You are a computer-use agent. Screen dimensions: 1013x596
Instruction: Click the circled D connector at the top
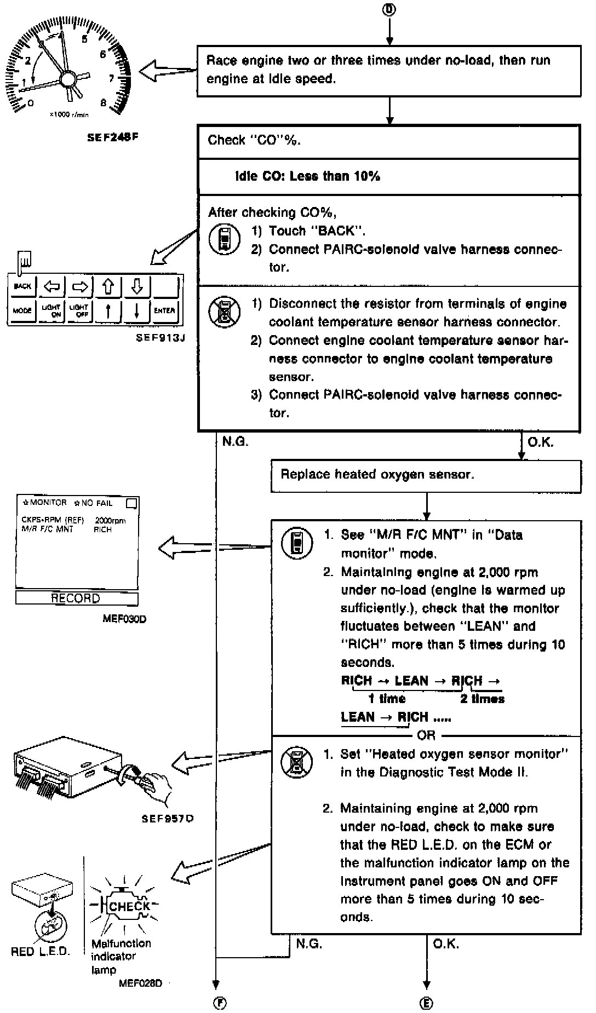(389, 9)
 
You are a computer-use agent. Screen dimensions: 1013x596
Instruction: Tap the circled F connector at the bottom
(219, 1003)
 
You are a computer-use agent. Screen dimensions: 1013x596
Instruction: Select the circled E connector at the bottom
(426, 1003)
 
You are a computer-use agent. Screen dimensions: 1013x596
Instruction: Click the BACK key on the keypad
(22, 286)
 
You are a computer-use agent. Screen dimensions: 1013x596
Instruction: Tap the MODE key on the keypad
(22, 310)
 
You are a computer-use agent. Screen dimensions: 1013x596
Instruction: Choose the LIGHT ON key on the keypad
(51, 310)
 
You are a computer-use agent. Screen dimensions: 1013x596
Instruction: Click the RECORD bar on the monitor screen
(76, 598)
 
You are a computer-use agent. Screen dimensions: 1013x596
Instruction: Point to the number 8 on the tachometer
(104, 102)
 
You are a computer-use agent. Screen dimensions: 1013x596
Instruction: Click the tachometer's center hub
(68, 79)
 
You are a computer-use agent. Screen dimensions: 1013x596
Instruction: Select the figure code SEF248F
(113, 137)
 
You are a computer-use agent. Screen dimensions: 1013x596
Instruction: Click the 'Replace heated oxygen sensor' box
(426, 475)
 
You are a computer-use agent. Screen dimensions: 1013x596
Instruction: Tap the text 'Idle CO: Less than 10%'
(307, 176)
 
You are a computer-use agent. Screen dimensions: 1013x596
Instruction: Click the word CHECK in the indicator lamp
(129, 906)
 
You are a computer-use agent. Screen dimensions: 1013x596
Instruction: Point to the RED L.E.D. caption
(41, 952)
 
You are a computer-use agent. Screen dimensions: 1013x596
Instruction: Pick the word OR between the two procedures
(426, 735)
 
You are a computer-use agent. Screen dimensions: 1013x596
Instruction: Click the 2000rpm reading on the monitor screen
(111, 520)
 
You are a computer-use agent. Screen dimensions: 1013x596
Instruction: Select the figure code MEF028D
(140, 983)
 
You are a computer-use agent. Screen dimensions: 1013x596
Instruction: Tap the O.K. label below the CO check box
(540, 442)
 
